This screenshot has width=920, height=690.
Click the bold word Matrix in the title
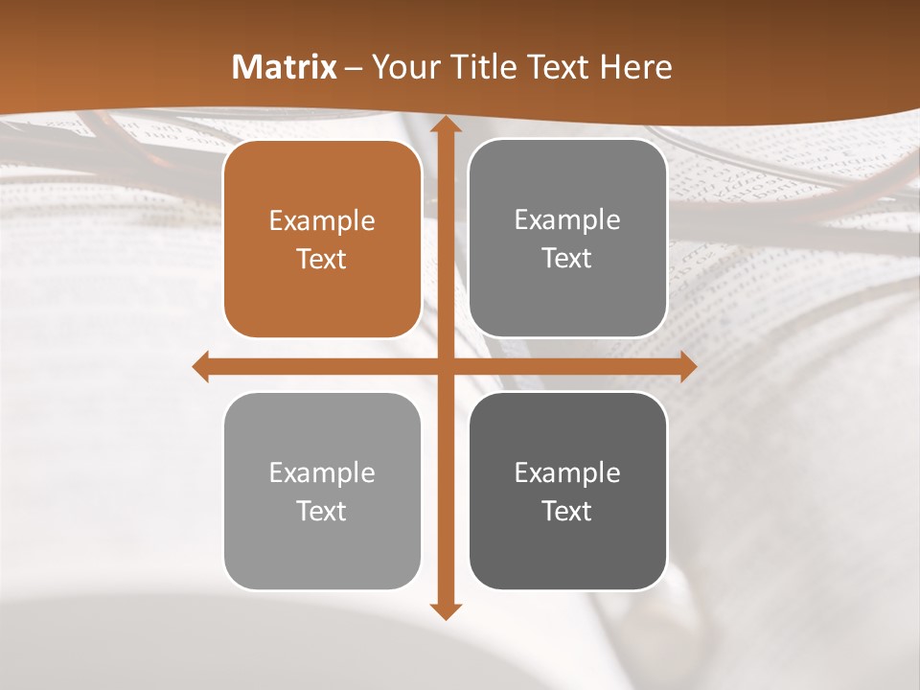[x=285, y=67]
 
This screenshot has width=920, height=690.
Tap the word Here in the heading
[x=635, y=67]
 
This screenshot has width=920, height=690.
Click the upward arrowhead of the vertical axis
[x=445, y=125]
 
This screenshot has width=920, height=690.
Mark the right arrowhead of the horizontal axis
[x=687, y=366]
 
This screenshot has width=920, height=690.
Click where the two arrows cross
[x=445, y=366]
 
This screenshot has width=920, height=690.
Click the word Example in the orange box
[x=322, y=221]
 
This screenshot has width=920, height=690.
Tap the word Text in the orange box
[x=322, y=259]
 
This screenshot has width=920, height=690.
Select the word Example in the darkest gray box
[x=567, y=472]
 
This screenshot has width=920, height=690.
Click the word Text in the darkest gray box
[x=567, y=511]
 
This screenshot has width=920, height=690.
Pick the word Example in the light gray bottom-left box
[x=322, y=472]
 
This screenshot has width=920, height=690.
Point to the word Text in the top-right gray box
[x=567, y=258]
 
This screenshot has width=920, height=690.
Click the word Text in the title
[x=556, y=67]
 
